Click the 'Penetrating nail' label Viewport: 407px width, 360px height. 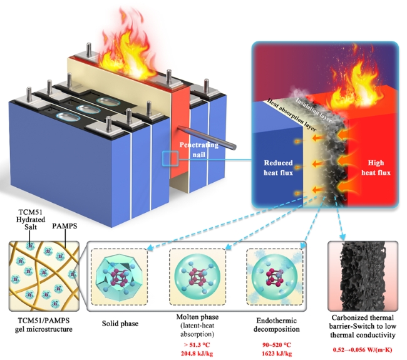pos(199,150)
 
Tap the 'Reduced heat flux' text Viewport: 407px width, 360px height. pos(278,168)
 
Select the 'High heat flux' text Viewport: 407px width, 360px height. pos(376,168)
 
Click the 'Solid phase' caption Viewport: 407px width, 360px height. pos(120,324)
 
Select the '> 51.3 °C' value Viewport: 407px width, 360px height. pos(197,345)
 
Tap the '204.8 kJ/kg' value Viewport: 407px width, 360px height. pos(197,353)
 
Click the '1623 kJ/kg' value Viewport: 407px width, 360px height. pos(277,353)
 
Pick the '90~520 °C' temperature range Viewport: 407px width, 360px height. pos(277,345)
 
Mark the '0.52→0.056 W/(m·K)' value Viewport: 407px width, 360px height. pos(363,349)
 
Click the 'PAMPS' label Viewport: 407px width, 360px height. pos(64,226)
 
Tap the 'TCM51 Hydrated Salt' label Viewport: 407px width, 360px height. pos(31,219)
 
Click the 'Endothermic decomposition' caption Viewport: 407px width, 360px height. pos(277,325)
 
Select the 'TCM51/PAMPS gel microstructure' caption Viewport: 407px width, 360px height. pos(43,325)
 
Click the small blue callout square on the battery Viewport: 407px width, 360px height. pos(170,158)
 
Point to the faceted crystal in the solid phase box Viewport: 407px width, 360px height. pos(120,277)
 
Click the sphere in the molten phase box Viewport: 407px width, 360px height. pos(197,277)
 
